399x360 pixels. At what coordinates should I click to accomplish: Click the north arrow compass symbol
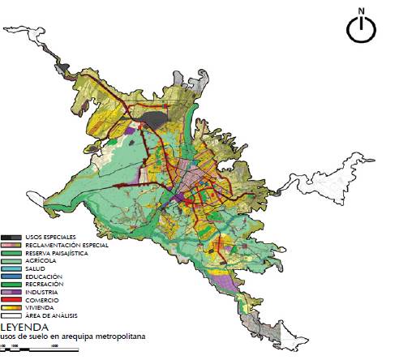point(361,29)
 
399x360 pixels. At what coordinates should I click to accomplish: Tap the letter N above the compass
point(361,11)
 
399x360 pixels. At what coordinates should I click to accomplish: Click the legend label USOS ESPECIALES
point(51,237)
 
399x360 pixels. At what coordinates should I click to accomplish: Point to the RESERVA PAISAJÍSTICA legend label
point(57,253)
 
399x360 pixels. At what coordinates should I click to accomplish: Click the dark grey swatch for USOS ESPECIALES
point(12,237)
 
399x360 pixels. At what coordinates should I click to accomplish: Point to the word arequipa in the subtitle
point(84,336)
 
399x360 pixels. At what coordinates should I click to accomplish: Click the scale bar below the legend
point(41,349)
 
